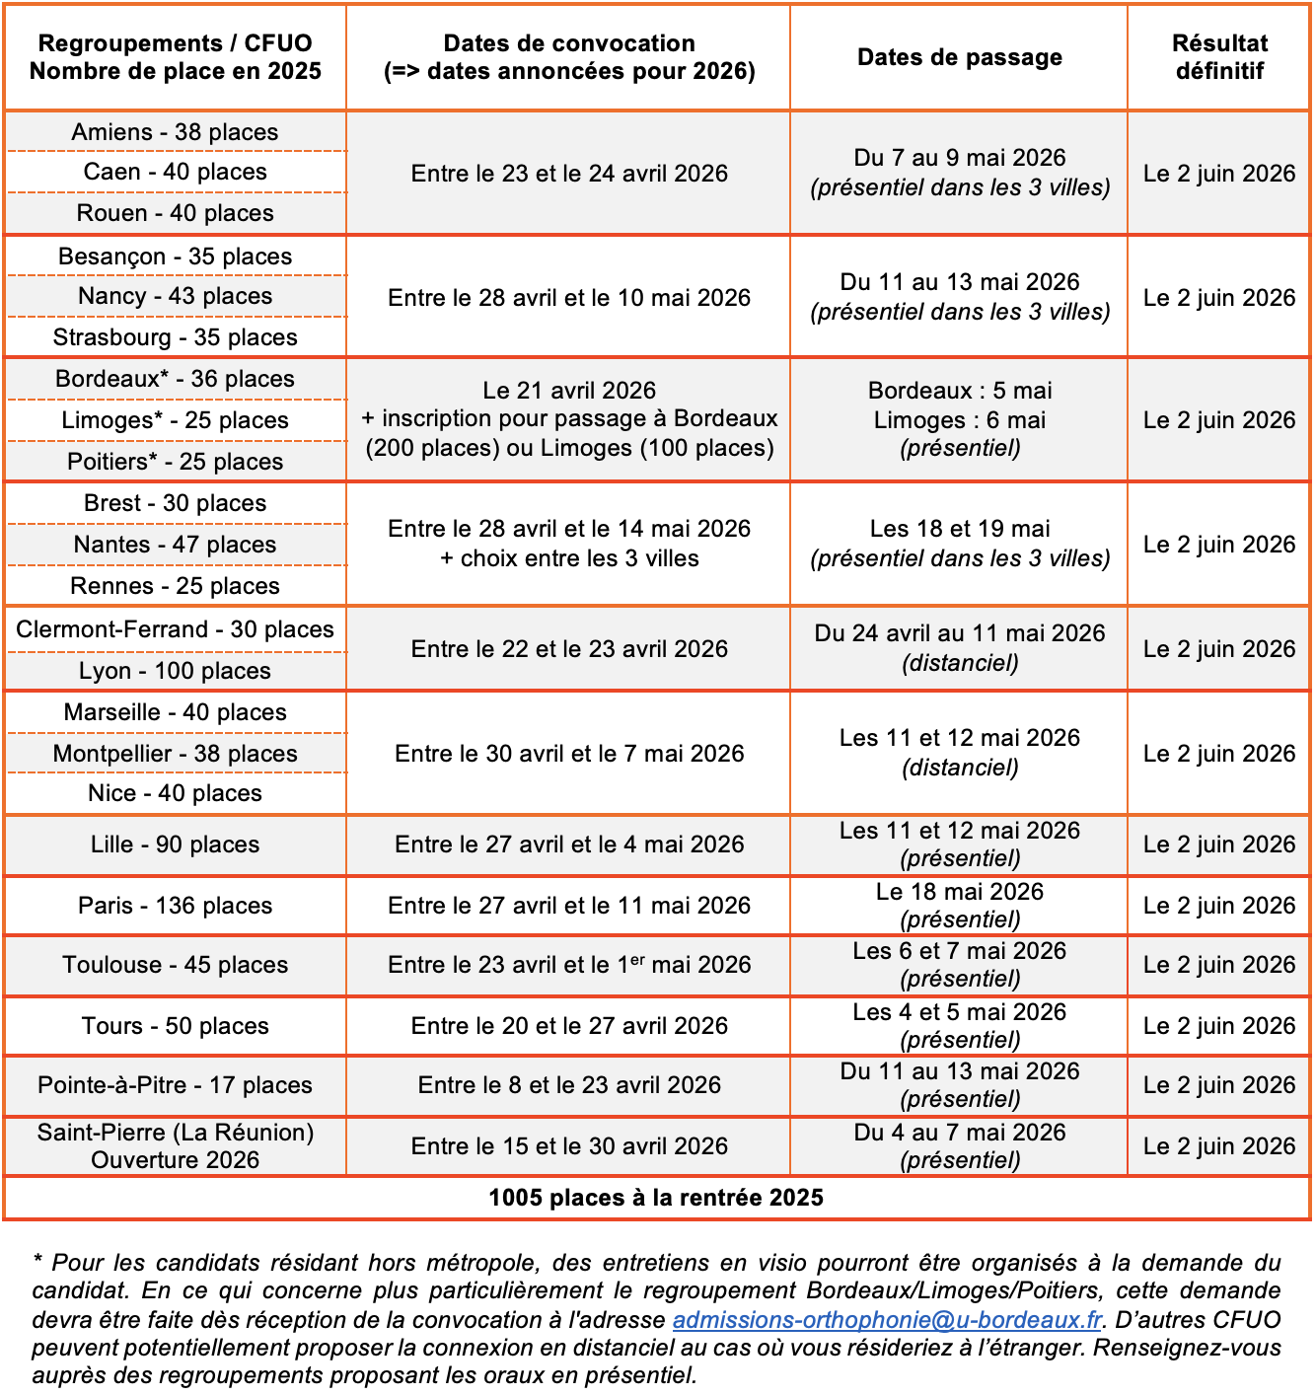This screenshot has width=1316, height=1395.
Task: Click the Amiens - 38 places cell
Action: (x=175, y=132)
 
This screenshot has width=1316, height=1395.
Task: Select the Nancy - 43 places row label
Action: (x=175, y=296)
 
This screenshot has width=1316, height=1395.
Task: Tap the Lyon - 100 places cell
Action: (x=175, y=671)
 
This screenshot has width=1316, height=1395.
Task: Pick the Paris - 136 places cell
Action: (x=175, y=906)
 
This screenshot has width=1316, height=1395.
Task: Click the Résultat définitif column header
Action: (x=1219, y=57)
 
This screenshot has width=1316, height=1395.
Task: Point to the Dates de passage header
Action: (x=959, y=57)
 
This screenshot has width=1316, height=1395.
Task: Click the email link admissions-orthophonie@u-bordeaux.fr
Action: (x=887, y=1320)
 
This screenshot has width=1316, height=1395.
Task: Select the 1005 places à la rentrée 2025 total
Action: (x=656, y=1198)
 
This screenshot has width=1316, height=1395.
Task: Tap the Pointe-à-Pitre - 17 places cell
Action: (x=175, y=1085)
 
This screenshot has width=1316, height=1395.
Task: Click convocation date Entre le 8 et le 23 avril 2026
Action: (x=569, y=1085)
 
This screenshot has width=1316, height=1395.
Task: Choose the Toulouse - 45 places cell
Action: (x=175, y=965)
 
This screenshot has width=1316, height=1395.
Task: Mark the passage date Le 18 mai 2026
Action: (x=959, y=892)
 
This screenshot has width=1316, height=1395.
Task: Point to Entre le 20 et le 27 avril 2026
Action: (x=569, y=1026)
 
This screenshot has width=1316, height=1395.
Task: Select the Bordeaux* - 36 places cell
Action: (x=175, y=379)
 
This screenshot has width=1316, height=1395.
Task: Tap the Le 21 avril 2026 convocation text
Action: (x=569, y=391)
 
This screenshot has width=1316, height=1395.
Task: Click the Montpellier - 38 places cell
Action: (x=175, y=754)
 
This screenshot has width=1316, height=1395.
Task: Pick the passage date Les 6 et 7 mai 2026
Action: (x=959, y=951)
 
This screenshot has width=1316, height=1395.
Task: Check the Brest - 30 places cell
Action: (x=175, y=503)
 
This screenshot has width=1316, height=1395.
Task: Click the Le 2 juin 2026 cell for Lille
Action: (x=1219, y=844)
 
